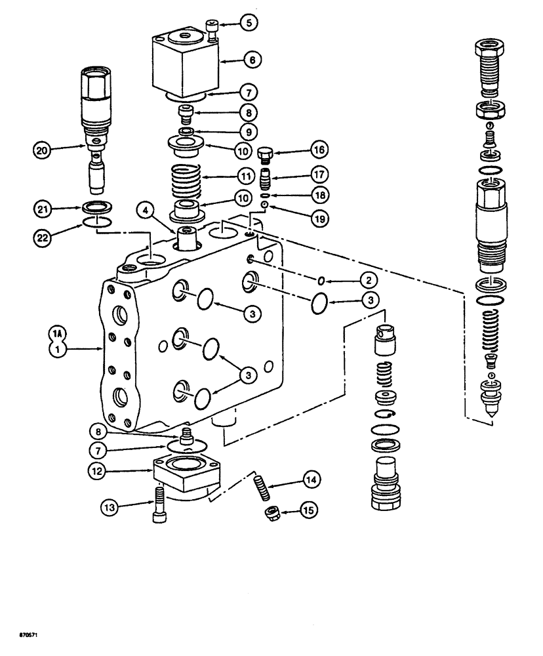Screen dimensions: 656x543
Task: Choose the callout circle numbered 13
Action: click(110, 506)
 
